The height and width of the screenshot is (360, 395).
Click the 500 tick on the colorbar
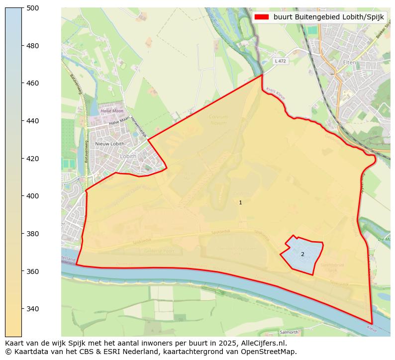click(x=33, y=8)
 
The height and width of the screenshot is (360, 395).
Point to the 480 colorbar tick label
click(x=33, y=46)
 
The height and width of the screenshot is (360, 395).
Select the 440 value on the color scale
click(x=33, y=121)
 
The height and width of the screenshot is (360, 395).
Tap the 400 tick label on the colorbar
click(x=33, y=196)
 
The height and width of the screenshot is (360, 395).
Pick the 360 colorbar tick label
click(x=33, y=271)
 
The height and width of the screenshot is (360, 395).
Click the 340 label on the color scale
click(x=33, y=309)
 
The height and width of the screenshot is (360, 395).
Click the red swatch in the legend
click(x=261, y=17)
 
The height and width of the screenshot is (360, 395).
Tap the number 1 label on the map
click(x=240, y=202)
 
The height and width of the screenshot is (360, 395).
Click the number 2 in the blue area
click(x=302, y=254)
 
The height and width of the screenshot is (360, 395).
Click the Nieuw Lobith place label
click(x=109, y=144)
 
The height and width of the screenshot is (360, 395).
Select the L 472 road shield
click(x=280, y=61)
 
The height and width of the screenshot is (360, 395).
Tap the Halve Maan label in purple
click(x=109, y=111)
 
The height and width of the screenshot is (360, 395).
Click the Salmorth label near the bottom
click(x=289, y=332)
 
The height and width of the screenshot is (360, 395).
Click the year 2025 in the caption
click(x=226, y=343)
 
